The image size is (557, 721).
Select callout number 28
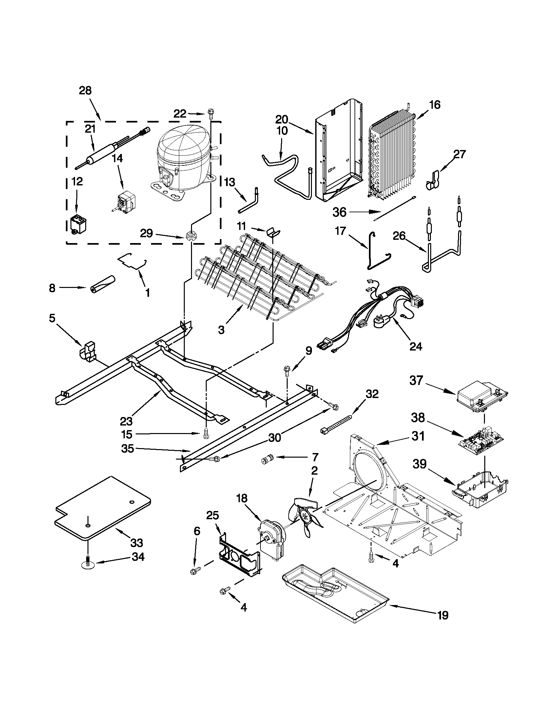[85, 90]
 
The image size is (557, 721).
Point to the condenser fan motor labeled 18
[271, 538]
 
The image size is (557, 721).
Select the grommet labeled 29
[190, 236]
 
